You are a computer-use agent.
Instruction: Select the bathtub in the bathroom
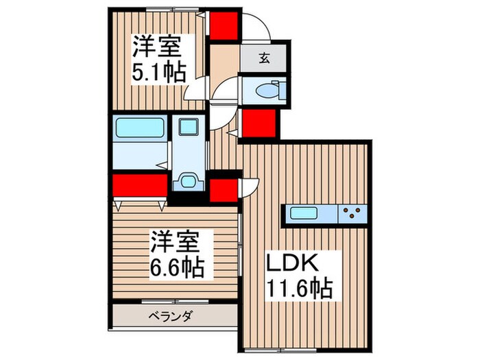pos(139,128)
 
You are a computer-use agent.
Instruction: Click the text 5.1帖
pos(158,72)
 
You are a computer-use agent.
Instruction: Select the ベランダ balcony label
pos(171,316)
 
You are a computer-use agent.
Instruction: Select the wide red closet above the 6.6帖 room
pos(140,186)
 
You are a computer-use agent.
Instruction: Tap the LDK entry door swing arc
pos(248,187)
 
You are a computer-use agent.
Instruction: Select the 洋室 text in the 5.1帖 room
pos(156,48)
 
